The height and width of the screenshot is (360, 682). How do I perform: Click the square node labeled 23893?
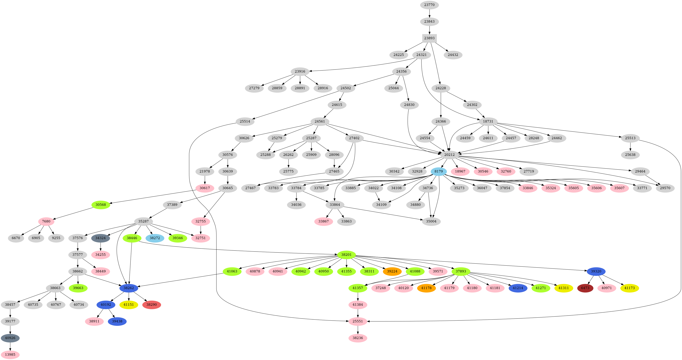pyautogui.click(x=429, y=38)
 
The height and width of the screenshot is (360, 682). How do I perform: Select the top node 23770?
pyautogui.click(x=429, y=5)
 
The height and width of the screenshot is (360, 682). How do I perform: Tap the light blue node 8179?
pyautogui.click(x=438, y=171)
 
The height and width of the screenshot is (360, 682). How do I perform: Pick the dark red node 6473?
pyautogui.click(x=585, y=288)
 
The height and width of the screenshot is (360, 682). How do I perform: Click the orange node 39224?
pyautogui.click(x=392, y=271)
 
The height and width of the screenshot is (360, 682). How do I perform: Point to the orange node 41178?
pyautogui.click(x=426, y=288)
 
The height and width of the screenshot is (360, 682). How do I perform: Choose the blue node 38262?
pyautogui.click(x=129, y=288)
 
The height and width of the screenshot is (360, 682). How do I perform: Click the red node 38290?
pyautogui.click(x=152, y=305)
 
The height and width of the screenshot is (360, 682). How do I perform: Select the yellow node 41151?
pyautogui.click(x=129, y=305)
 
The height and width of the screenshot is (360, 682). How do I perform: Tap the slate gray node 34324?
pyautogui.click(x=100, y=238)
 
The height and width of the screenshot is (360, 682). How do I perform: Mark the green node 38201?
pyautogui.click(x=346, y=255)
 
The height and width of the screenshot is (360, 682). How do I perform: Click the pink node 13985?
pyautogui.click(x=10, y=354)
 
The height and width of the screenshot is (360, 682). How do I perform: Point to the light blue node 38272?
pyautogui.click(x=155, y=238)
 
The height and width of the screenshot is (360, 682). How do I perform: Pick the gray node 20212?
pyautogui.click(x=449, y=155)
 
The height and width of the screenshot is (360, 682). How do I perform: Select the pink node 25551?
pyautogui.click(x=358, y=321)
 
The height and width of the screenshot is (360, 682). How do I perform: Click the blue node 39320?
pyautogui.click(x=596, y=271)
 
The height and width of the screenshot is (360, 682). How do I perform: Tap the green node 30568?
pyautogui.click(x=101, y=205)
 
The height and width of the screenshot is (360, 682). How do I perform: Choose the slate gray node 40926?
pyautogui.click(x=10, y=338)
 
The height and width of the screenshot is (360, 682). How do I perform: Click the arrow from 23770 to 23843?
pyautogui.click(x=429, y=13)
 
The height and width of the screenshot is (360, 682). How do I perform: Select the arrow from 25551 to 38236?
pyautogui.click(x=358, y=329)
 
